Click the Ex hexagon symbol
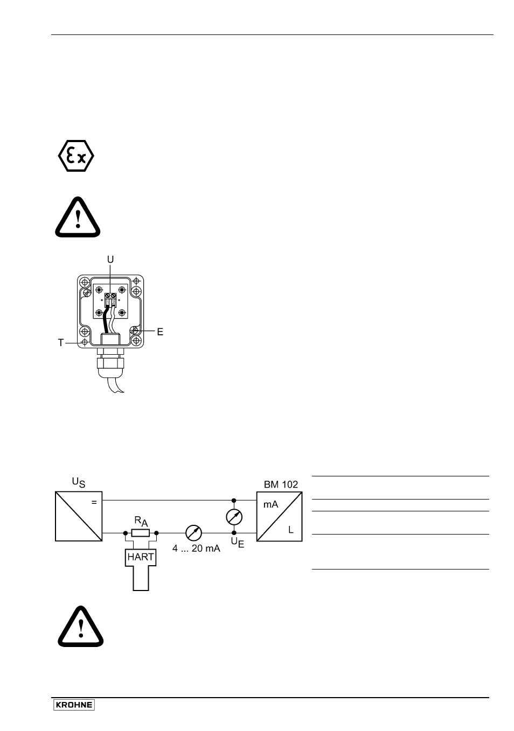coord(76,156)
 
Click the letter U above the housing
coord(110,259)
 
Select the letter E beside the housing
coord(160,332)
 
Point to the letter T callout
coord(61,343)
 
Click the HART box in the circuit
coord(141,557)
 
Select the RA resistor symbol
coord(141,533)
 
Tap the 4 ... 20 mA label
coord(196,549)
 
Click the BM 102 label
coord(281,484)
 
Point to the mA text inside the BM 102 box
coord(270,504)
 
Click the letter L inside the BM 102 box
coord(290,530)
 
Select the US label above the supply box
coord(79,482)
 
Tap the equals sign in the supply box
coord(94,503)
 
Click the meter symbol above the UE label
coord(234,517)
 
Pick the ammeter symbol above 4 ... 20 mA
coord(193,533)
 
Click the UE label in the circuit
coord(238,543)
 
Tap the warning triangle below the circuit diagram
coord(81,627)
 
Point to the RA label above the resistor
coord(141,521)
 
